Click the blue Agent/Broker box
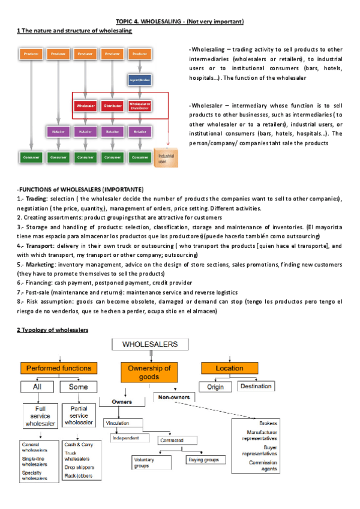point(140,79)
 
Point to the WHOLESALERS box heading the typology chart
point(149,345)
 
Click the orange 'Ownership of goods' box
point(150,372)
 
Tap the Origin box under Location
point(215,387)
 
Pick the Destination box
point(256,387)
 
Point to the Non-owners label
point(175,397)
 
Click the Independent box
point(125,438)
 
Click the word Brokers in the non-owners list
point(268,423)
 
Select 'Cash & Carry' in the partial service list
point(78,445)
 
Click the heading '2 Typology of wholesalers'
point(52,330)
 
